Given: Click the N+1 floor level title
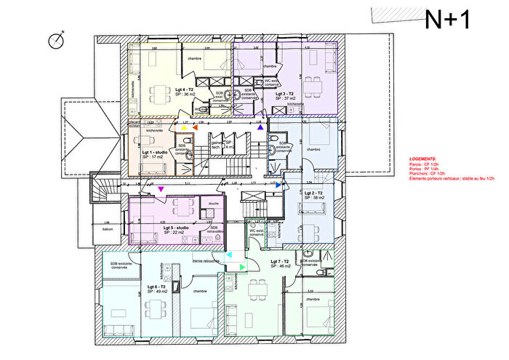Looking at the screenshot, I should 447,19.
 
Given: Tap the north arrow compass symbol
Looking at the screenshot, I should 56,41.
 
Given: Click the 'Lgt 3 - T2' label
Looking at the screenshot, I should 284,94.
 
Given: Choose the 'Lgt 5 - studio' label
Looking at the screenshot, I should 177,228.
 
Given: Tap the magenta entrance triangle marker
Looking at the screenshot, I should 161,189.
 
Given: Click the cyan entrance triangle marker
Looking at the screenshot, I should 229,255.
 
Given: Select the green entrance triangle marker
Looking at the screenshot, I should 242,268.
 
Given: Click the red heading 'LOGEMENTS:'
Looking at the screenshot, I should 422,158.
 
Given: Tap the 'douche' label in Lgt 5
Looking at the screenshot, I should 213,204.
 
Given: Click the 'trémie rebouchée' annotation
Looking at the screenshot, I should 207,260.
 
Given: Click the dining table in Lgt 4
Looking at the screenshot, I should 157,92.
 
